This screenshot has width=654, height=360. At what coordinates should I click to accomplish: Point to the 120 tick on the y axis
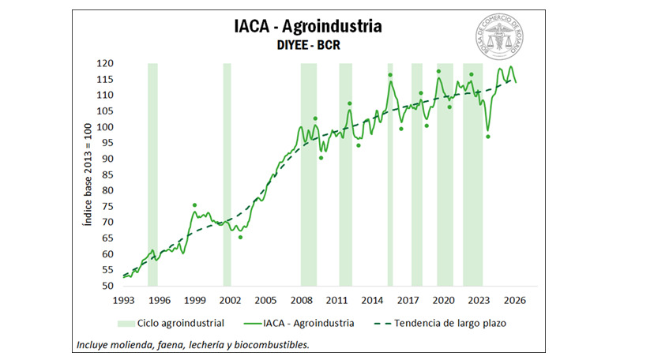pyautogui.click(x=106, y=63)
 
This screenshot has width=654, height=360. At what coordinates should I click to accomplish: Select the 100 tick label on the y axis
pyautogui.click(x=106, y=127)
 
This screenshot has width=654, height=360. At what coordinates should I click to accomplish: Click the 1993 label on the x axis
pyautogui.click(x=124, y=300)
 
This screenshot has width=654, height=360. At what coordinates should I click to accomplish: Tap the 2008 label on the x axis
pyautogui.click(x=301, y=300)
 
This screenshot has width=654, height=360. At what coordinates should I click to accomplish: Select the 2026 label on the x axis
pyautogui.click(x=514, y=300)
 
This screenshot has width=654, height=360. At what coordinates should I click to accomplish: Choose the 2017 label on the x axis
pyautogui.click(x=408, y=300)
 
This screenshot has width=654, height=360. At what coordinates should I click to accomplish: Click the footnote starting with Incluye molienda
pyautogui.click(x=193, y=345)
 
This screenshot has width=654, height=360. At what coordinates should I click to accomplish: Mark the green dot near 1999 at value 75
pyautogui.click(x=194, y=205)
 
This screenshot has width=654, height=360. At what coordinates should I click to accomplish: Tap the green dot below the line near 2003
pyautogui.click(x=241, y=237)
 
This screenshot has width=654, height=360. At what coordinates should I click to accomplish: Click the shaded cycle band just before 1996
pyautogui.click(x=152, y=174)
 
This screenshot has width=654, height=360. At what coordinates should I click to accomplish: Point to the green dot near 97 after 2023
pyautogui.click(x=488, y=137)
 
